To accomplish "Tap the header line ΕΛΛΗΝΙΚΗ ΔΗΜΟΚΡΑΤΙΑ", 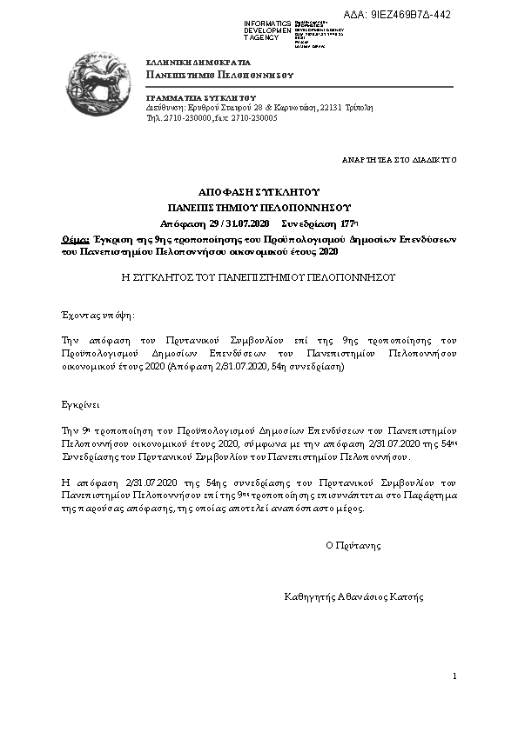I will click(x=198, y=63).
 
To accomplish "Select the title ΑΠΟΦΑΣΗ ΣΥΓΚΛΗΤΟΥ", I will click(x=259, y=191).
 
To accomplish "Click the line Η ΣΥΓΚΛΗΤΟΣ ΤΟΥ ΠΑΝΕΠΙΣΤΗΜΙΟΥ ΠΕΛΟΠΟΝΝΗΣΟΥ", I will click(x=259, y=277).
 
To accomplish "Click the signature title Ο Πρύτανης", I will click(x=353, y=546).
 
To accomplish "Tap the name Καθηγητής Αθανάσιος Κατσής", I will click(x=353, y=597).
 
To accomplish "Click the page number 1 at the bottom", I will click(x=454, y=675).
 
